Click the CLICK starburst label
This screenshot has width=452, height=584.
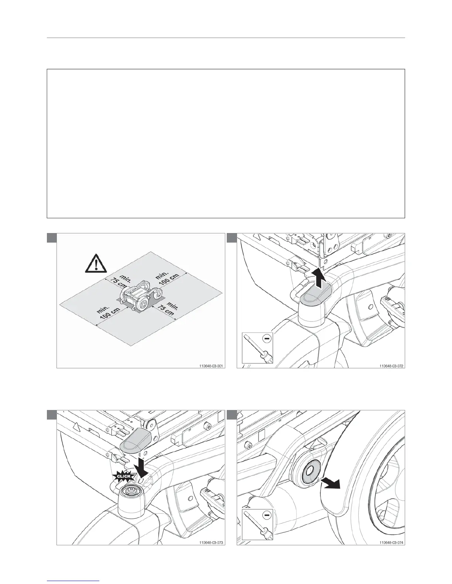pos(124,476)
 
